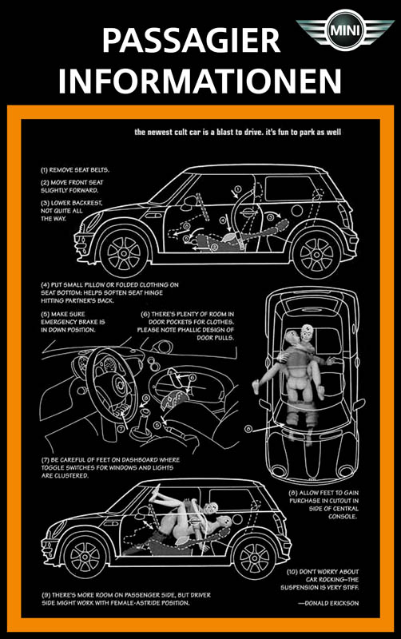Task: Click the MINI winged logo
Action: click(x=345, y=30)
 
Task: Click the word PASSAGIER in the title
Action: click(x=191, y=41)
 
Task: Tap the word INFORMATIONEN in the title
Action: click(x=200, y=81)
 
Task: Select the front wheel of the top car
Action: click(x=124, y=253)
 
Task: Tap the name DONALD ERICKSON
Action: click(x=332, y=603)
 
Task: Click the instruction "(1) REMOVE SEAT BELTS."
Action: click(x=75, y=170)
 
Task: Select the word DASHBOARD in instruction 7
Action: click(x=138, y=460)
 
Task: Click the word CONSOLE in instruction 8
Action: click(x=343, y=516)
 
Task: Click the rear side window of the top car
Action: click(x=290, y=189)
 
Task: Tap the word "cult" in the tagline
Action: click(x=182, y=132)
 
